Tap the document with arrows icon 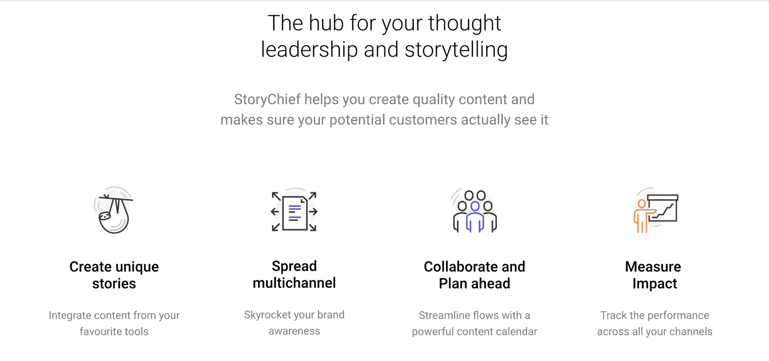[x=294, y=212]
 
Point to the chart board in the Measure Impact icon [x=663, y=208]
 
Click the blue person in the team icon [x=475, y=217]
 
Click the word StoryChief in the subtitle [x=267, y=99]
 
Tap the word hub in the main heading [x=326, y=24]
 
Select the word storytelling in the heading [x=456, y=50]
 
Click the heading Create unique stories [x=114, y=275]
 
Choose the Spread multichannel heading [x=294, y=274]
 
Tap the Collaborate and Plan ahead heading [x=474, y=275]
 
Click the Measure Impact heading [x=653, y=275]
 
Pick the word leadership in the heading [x=310, y=50]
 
